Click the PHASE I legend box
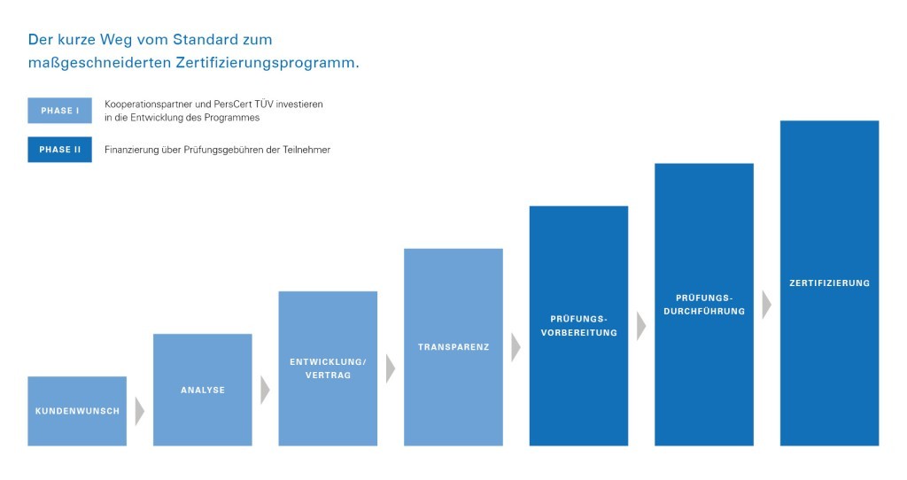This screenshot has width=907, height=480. click(59, 111)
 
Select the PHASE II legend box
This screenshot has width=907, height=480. click(59, 150)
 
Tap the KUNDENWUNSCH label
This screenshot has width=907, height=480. click(77, 411)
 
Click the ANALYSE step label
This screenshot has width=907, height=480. click(203, 390)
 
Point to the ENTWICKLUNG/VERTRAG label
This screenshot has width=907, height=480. click(328, 368)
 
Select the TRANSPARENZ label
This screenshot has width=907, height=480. click(453, 346)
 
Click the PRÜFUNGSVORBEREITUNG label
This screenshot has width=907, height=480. click(578, 325)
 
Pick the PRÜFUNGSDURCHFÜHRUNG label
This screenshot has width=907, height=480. click(704, 304)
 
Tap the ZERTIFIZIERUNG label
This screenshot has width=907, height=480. click(829, 283)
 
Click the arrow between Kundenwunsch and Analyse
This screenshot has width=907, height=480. click(139, 411)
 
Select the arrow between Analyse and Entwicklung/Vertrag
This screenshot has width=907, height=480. click(265, 390)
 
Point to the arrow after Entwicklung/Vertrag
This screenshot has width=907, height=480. click(390, 368)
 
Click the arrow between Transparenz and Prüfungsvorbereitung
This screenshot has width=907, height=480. click(516, 346)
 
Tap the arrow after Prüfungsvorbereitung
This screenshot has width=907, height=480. click(641, 325)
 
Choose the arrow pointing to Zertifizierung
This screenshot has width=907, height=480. click(766, 304)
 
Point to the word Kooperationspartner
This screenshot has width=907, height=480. click(147, 105)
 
